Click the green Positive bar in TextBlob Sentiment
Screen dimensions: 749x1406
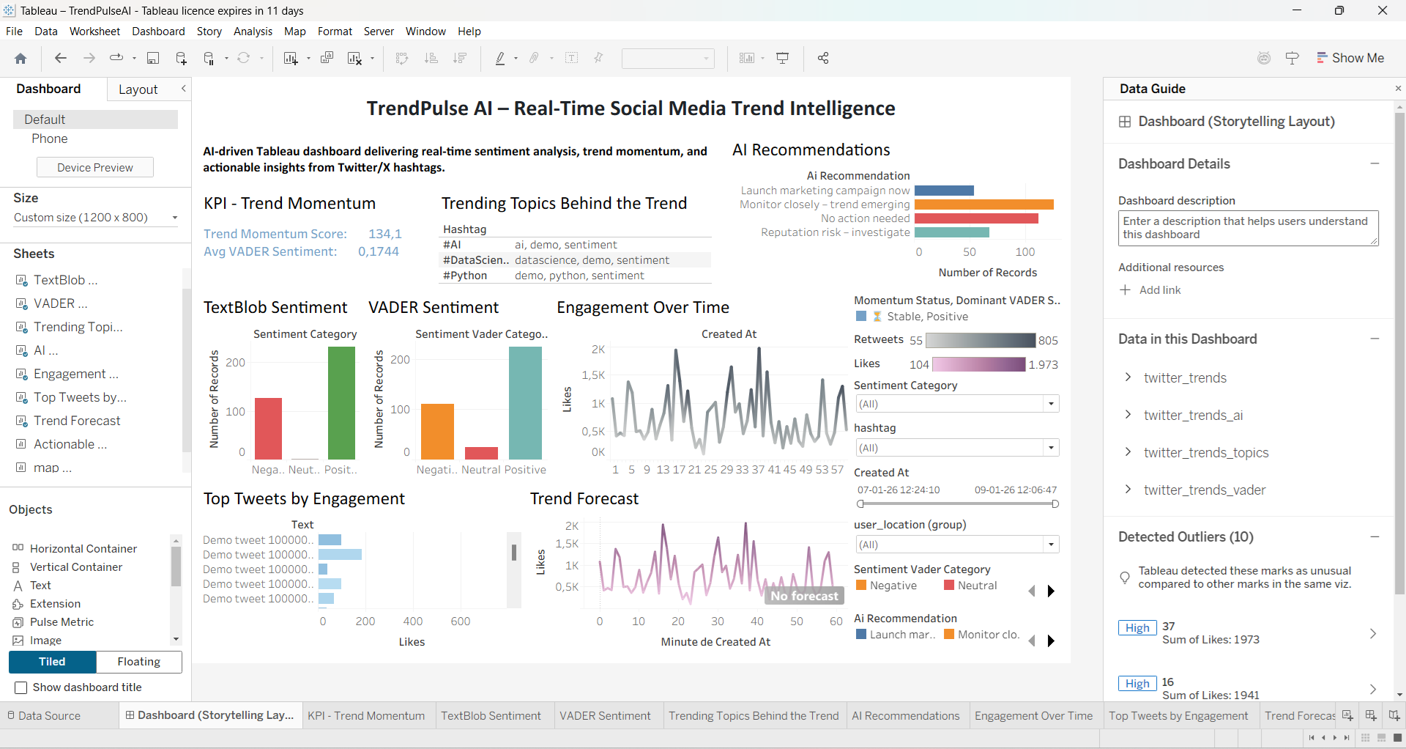pos(341,403)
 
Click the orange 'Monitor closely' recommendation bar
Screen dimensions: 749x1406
pos(983,204)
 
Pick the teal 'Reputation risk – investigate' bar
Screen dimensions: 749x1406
pos(951,232)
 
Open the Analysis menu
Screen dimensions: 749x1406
pos(253,32)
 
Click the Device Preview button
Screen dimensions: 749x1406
pos(95,167)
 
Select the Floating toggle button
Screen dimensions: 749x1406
pos(138,662)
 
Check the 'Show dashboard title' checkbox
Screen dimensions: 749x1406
pos(21,687)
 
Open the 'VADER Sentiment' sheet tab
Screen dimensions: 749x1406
pos(605,716)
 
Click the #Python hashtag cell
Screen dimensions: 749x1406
pos(465,276)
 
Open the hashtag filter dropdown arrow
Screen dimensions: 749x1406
pos(1051,448)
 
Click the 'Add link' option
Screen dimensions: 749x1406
pos(1159,290)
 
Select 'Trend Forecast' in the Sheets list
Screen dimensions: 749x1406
pos(77,421)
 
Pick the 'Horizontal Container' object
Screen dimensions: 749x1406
pos(83,548)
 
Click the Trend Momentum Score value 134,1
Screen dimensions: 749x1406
pos(384,234)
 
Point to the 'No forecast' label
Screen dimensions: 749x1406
pos(804,596)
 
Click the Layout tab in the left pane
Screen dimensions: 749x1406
pos(138,89)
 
